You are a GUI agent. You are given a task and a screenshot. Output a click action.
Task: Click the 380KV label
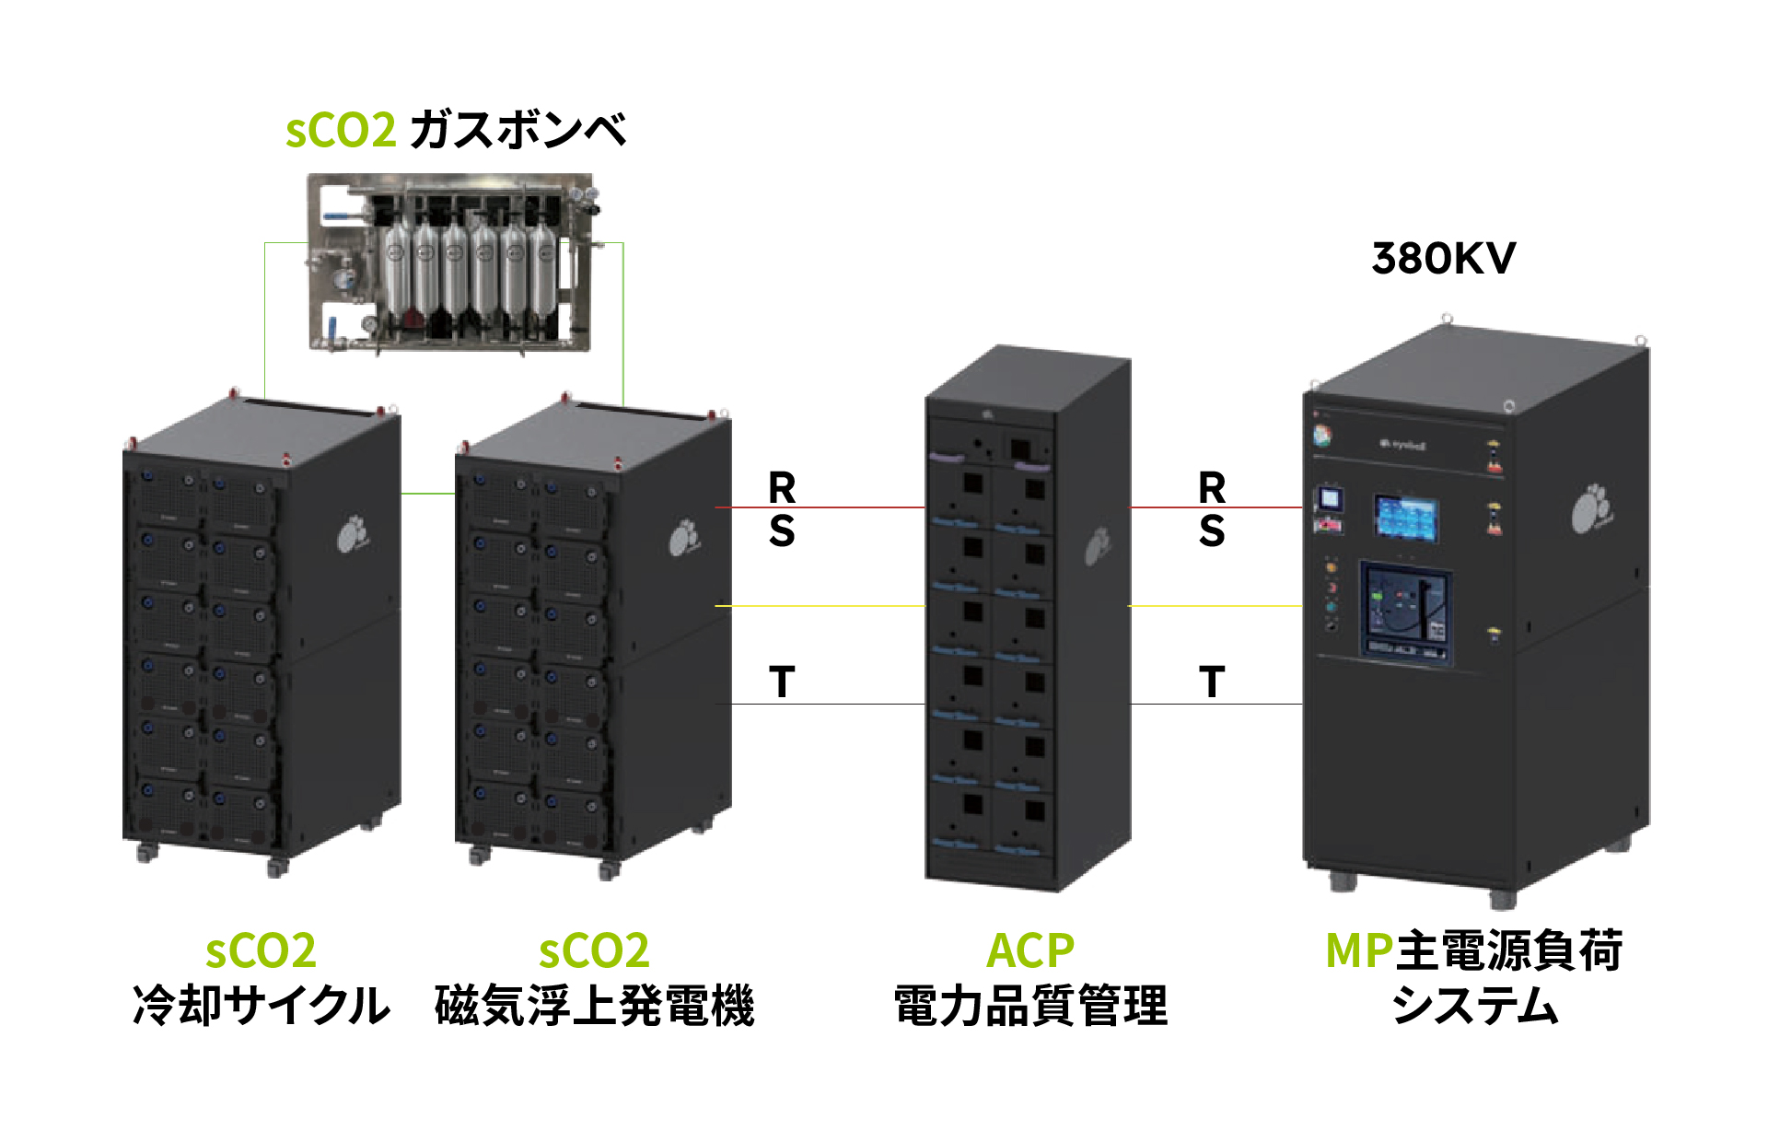1443,259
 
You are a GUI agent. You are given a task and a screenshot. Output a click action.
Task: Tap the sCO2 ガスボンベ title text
456,130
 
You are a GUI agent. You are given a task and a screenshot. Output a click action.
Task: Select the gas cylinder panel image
449,262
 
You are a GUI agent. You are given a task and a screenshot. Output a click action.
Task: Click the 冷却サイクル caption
262,1005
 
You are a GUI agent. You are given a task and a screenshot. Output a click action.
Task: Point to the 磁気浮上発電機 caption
595,1005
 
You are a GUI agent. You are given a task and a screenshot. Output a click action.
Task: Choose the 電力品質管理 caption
1030,1005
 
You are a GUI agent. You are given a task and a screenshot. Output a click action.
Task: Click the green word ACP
1030,951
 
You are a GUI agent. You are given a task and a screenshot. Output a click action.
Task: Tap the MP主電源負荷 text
1473,951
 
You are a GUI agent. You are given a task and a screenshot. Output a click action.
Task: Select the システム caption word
1474,1005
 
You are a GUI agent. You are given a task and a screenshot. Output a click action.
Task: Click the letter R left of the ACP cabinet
782,486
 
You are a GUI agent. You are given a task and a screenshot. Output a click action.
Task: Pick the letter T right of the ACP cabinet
1212,682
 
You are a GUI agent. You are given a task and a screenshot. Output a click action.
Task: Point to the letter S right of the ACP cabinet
1212,531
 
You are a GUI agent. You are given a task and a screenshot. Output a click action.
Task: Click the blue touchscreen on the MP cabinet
1406,518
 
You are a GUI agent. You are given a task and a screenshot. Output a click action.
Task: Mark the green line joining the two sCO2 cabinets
428,494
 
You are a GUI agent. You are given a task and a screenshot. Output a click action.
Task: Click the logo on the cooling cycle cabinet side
351,535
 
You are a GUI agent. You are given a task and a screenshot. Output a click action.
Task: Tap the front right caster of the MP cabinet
1503,897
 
